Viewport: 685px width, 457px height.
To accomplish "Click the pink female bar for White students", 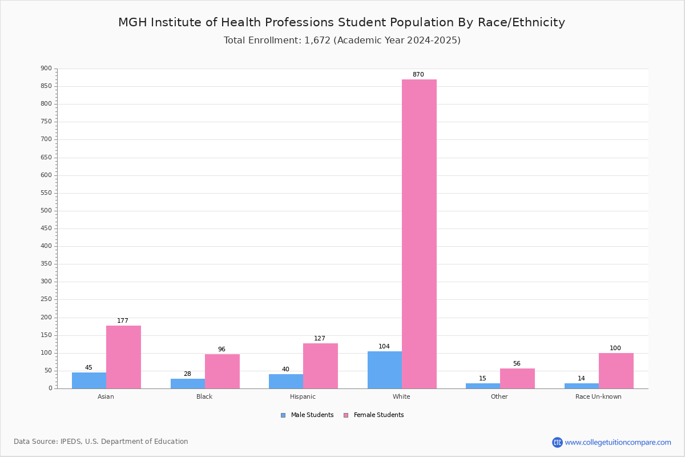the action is pyautogui.click(x=419, y=234).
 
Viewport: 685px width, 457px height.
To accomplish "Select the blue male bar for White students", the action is pyautogui.click(x=385, y=370).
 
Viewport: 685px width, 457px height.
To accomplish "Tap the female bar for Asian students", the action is pyautogui.click(x=123, y=357).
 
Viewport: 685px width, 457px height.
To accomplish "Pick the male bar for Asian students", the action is pyautogui.click(x=89, y=380).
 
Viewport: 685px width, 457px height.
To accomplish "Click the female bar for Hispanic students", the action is pyautogui.click(x=320, y=366).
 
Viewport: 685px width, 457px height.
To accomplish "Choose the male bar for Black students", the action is pyautogui.click(x=188, y=383).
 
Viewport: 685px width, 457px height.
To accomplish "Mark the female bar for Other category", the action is pyautogui.click(x=517, y=378).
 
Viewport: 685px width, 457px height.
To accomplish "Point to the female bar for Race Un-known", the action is pyautogui.click(x=616, y=371).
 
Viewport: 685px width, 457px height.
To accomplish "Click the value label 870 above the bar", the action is pyautogui.click(x=418, y=74).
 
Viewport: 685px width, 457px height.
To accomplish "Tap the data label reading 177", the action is pyautogui.click(x=123, y=320).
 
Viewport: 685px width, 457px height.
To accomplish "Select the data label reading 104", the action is pyautogui.click(x=384, y=346).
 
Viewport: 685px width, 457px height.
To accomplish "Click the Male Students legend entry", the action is pyautogui.click(x=307, y=415).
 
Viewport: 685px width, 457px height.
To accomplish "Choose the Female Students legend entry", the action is pyautogui.click(x=374, y=415).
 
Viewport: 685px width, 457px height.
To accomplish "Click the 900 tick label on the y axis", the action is pyautogui.click(x=46, y=68).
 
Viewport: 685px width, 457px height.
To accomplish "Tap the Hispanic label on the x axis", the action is pyautogui.click(x=303, y=396).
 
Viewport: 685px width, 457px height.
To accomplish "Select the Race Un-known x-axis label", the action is pyautogui.click(x=598, y=396).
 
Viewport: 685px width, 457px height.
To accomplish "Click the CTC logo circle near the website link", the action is pyautogui.click(x=557, y=442).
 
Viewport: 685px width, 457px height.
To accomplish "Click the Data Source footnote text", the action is pyautogui.click(x=101, y=442).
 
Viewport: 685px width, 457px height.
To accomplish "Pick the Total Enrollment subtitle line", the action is pyautogui.click(x=342, y=40).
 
